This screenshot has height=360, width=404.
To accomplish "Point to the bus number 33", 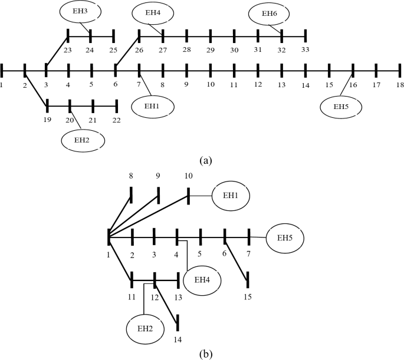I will pyautogui.click(x=305, y=49).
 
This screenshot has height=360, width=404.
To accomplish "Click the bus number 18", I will pyautogui.click(x=399, y=85).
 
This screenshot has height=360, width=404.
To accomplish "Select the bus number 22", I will pyautogui.click(x=116, y=120).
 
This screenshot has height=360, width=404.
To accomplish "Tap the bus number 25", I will pyautogui.click(x=113, y=49).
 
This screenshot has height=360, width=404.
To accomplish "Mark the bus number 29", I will pyautogui.click(x=210, y=49).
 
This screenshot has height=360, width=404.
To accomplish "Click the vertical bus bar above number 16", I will pyautogui.click(x=353, y=71).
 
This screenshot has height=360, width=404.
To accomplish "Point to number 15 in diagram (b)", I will pyautogui.click(x=248, y=296).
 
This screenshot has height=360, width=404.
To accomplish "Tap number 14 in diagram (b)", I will pyautogui.click(x=177, y=340).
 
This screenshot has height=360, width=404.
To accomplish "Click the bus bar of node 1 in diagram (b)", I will pyautogui.click(x=110, y=237).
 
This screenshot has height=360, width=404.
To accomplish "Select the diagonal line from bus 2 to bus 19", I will pyautogui.click(x=35, y=89).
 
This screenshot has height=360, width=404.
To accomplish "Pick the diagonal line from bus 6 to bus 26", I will pyautogui.click(x=127, y=53).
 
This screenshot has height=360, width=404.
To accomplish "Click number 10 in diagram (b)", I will pyautogui.click(x=188, y=175).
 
